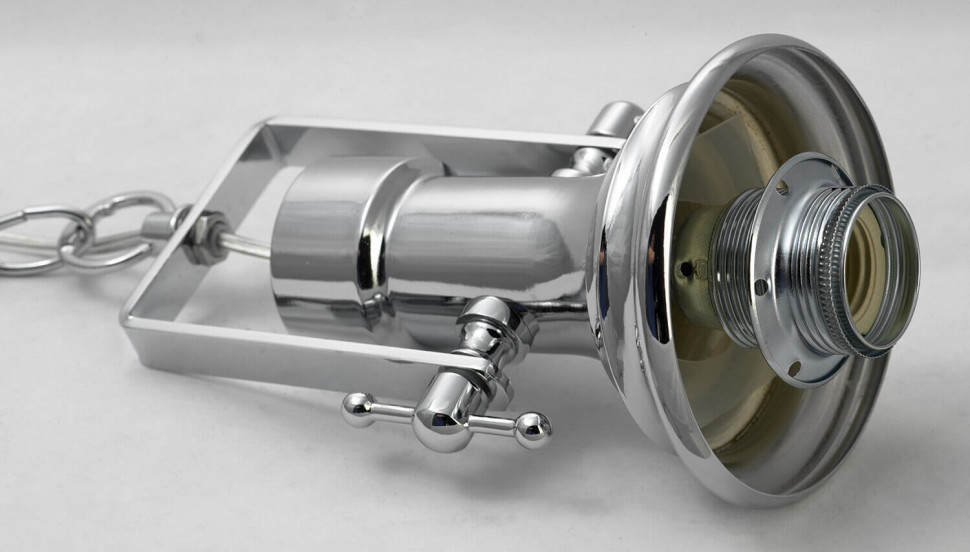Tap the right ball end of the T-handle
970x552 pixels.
(x=532, y=428)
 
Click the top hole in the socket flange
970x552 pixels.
(x=781, y=187)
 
